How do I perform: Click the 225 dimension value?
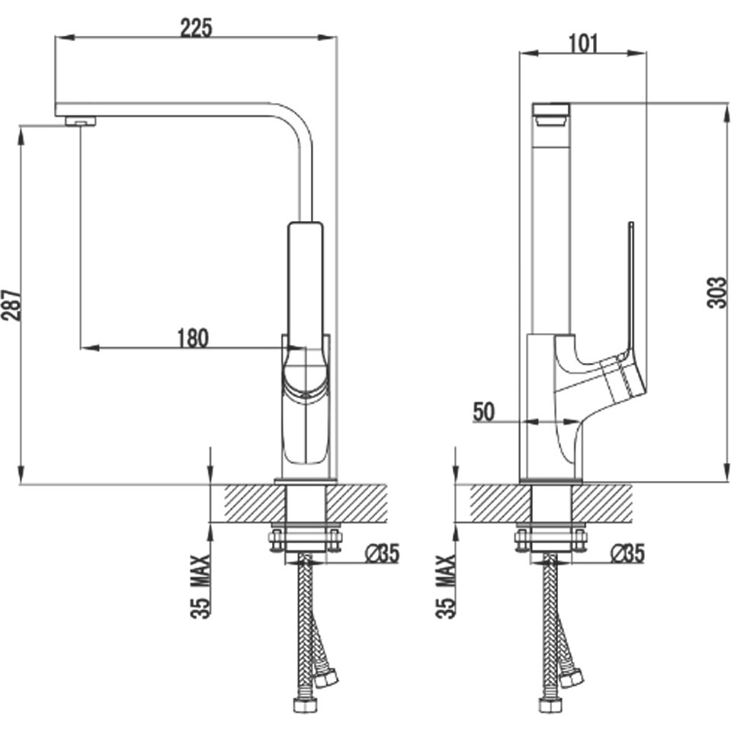[196, 27]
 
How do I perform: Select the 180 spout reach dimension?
[192, 337]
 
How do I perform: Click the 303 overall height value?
[717, 292]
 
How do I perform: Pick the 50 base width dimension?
[483, 412]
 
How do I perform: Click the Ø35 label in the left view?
[382, 554]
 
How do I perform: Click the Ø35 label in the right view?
[627, 554]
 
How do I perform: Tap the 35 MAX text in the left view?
[200, 586]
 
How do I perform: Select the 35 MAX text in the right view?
[447, 586]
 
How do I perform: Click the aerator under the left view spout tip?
[81, 120]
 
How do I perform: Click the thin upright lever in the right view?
[630, 282]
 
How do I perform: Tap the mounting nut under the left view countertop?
[305, 541]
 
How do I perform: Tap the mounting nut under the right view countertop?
[550, 541]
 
